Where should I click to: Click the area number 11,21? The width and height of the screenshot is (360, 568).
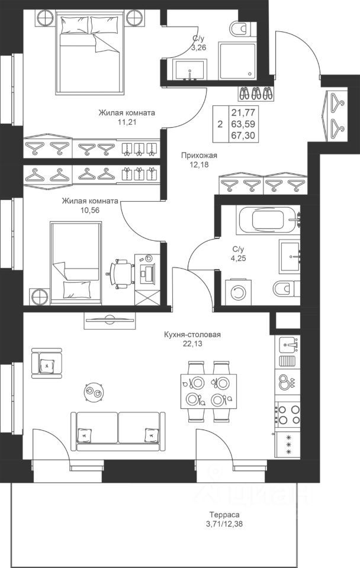click(x=127, y=122)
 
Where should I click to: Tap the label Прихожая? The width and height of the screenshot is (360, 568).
click(x=199, y=156)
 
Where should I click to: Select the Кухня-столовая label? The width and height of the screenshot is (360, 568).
click(x=192, y=334)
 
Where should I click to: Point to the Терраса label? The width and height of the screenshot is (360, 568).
click(x=224, y=514)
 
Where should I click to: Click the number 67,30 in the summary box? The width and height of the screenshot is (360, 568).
click(x=243, y=135)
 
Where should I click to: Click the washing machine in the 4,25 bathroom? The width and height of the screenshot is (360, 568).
click(x=238, y=292)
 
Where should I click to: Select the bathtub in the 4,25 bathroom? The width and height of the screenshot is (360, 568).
click(x=268, y=220)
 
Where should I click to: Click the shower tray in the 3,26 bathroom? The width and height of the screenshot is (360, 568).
click(x=237, y=60)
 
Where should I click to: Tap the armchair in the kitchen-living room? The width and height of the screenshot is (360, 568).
click(x=46, y=363)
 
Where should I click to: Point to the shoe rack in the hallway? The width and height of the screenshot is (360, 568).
click(x=256, y=94)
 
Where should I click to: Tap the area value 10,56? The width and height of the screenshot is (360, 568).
click(x=90, y=210)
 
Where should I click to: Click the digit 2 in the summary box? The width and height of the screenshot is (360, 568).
click(x=220, y=125)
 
